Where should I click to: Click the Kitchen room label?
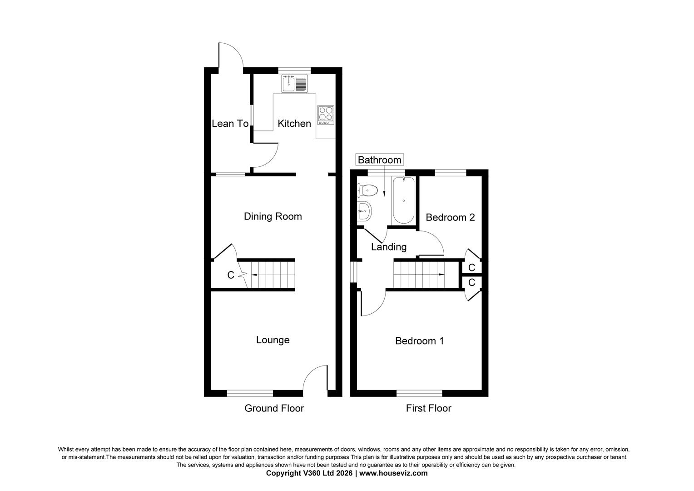[294, 123]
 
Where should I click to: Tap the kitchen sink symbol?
[294, 84]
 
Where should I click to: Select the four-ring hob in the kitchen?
[326, 115]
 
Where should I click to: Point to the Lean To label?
[230, 123]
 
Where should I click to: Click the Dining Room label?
[273, 216]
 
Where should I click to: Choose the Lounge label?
[273, 340]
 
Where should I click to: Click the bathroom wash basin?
[364, 210]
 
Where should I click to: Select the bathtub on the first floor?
[403, 200]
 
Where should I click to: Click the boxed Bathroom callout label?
[379, 160]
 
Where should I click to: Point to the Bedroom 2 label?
[450, 217]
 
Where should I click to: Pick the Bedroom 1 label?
[419, 341]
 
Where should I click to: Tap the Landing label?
[388, 247]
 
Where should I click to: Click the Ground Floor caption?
[274, 408]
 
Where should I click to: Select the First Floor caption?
[428, 408]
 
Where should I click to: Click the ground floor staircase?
[272, 275]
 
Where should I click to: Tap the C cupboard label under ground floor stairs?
[231, 275]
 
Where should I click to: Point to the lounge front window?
[250, 393]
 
